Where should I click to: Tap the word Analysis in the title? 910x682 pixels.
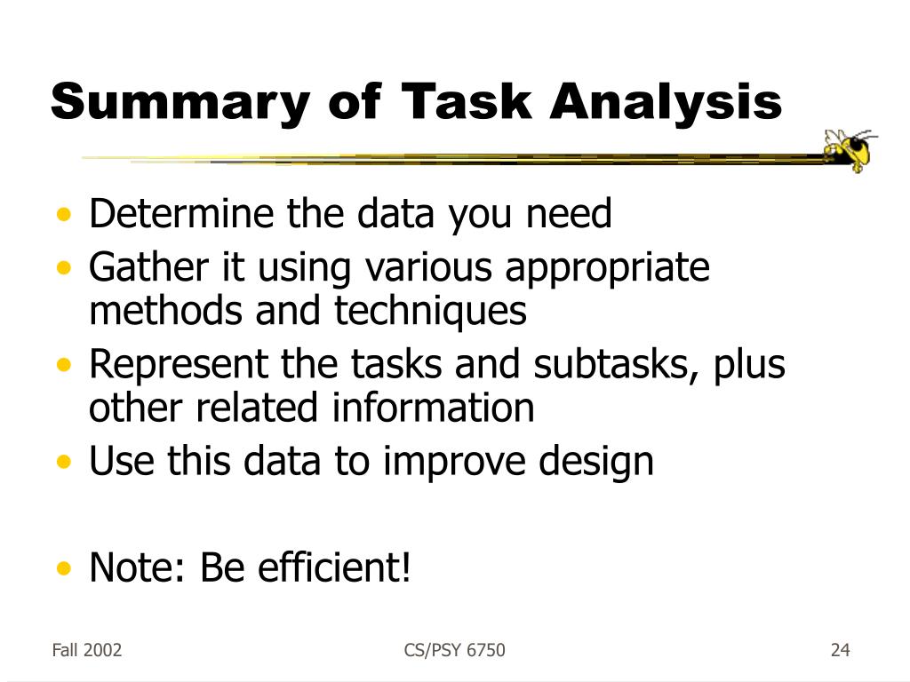point(666,102)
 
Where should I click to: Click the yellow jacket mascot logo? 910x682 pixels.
point(850,149)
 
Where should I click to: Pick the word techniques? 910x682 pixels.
point(430,312)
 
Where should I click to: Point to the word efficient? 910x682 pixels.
point(333,568)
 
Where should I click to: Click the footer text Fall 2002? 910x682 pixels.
point(86,651)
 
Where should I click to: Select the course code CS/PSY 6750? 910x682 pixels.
point(454,651)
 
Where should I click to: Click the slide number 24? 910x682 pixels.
point(840,651)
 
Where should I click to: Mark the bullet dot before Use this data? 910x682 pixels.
point(63,463)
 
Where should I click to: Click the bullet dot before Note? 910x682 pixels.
point(63,569)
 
